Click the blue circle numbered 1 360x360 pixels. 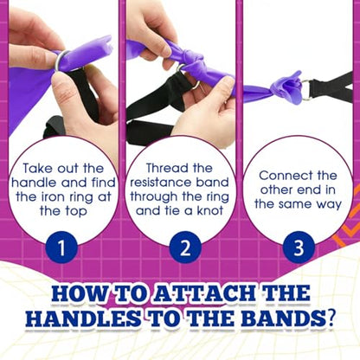[61, 247]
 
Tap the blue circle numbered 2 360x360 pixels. [185, 247]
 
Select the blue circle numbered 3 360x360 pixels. [299, 247]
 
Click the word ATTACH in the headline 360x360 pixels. [204, 293]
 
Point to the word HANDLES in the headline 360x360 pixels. [83, 318]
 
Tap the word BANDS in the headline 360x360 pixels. [283, 318]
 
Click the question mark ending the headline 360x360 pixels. [331, 318]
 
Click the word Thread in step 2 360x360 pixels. [164, 168]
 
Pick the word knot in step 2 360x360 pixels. [210, 210]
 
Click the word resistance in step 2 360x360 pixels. [161, 183]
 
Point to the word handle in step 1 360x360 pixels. [35, 183]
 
